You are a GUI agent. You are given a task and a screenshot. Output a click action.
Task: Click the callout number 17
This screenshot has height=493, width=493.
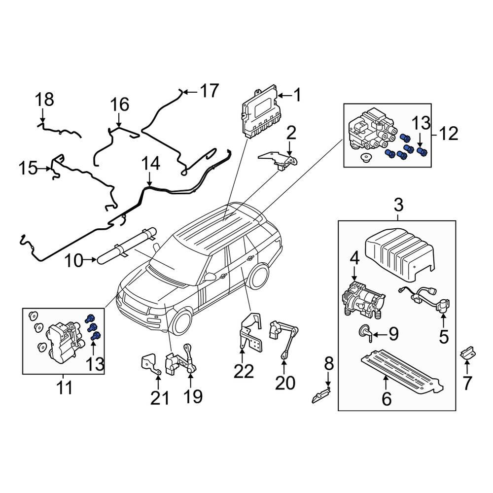[x=209, y=91]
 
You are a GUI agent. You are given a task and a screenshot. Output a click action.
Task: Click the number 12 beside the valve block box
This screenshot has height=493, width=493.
[x=449, y=133]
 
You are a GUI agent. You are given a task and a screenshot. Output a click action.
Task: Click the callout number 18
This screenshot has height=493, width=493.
[x=44, y=100]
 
